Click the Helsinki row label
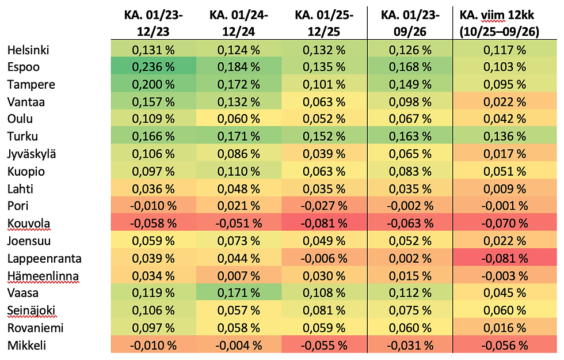tap(28, 50)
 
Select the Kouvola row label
tap(28, 223)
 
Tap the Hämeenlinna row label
tap(43, 276)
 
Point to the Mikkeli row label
tap(26, 346)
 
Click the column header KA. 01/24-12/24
tap(239, 24)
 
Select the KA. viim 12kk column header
tap(500, 24)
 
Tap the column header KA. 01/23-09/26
tap(410, 24)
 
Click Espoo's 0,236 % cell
tap(154, 67)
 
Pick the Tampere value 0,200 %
tap(154, 84)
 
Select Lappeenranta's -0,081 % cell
tap(505, 259)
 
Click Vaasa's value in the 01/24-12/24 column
tap(239, 293)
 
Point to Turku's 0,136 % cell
tap(505, 136)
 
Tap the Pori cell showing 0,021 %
tap(239, 206)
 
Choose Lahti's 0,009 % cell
tap(505, 189)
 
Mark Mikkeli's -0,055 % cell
tap(324, 346)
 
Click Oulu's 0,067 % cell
tap(410, 119)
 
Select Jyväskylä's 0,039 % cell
tap(324, 154)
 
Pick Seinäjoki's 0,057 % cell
tap(239, 310)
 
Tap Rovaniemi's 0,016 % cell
tap(505, 328)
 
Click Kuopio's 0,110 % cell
tap(239, 172)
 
